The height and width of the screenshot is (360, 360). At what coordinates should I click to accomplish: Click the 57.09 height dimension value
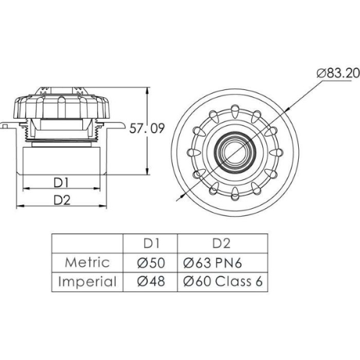[147, 127]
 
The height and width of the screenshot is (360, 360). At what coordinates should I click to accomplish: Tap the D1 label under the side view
[61, 181]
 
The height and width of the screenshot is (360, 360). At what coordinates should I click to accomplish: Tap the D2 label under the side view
[61, 199]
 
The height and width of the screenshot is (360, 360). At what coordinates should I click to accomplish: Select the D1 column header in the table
[150, 243]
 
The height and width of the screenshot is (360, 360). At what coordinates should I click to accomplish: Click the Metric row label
[87, 262]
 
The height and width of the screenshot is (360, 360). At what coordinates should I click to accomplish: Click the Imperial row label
[87, 281]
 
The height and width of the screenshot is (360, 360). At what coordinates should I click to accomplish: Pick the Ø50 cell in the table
[150, 262]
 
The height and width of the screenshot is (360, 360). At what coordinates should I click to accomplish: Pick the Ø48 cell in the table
[150, 281]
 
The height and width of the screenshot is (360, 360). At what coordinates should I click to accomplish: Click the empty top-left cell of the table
[87, 243]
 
